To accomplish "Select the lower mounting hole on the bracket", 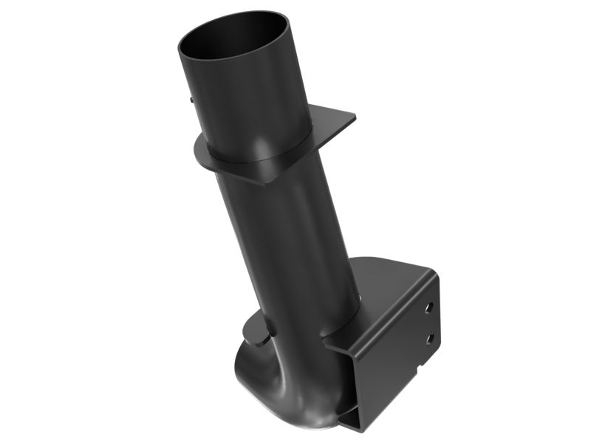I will click(430, 337).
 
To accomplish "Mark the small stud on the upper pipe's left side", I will click(191, 98).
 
